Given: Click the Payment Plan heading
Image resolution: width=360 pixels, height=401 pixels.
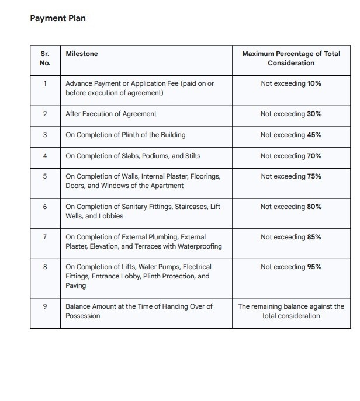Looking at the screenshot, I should tap(57, 18).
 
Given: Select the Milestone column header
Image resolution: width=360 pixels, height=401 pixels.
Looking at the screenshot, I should tap(82, 54).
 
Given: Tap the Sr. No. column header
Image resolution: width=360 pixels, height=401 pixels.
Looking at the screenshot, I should tap(45, 58).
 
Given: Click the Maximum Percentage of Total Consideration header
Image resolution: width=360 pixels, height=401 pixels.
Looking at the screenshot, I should tap(291, 58).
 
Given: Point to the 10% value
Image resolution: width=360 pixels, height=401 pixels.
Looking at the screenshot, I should tap(314, 83).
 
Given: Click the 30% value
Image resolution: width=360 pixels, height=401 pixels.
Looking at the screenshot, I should tap(314, 114).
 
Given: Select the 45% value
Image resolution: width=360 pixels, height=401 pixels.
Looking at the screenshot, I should tap(314, 135).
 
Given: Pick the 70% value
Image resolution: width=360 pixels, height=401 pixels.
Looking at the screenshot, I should tap(314, 156).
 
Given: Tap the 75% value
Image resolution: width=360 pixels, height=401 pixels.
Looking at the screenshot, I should tap(314, 176).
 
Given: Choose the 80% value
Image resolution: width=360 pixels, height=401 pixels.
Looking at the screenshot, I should tap(314, 207).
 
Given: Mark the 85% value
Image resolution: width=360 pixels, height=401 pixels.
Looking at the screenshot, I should tap(314, 237).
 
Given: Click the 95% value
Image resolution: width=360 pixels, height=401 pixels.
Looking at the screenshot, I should tap(314, 267).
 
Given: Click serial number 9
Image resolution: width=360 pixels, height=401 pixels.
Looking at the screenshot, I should tap(45, 306).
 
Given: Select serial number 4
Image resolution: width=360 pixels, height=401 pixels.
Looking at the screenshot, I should tap(45, 156).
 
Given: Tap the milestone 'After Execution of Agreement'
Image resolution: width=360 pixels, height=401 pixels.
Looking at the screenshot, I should tap(111, 114).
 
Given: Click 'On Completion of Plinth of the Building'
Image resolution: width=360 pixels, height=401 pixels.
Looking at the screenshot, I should tap(125, 135).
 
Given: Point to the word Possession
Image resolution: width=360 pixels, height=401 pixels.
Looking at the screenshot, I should tap(82, 316).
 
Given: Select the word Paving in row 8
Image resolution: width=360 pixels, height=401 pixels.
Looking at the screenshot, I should tap(75, 285).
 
